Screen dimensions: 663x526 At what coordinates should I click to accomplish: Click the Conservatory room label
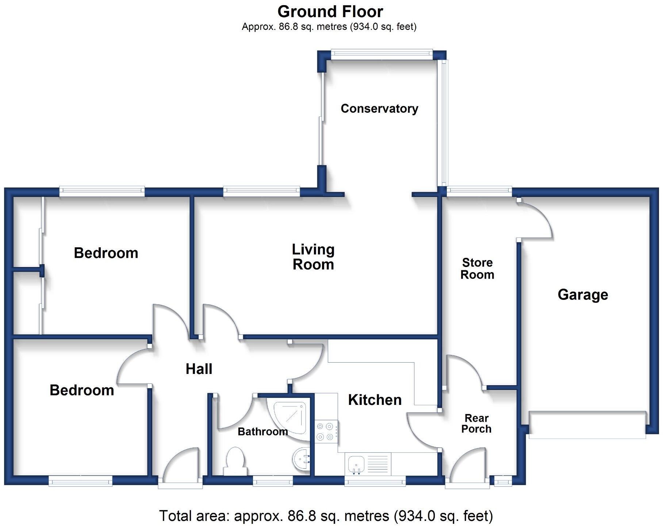(x=379, y=109)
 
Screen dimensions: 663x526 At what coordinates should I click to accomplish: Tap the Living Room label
(x=313, y=257)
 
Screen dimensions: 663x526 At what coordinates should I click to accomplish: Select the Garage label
(x=583, y=295)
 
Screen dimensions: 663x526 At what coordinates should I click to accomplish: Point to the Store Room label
(x=477, y=268)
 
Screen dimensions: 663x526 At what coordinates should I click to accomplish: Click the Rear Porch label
(x=476, y=423)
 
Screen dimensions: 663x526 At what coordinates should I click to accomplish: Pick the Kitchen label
(x=375, y=400)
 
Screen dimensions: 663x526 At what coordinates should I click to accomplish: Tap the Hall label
(x=199, y=369)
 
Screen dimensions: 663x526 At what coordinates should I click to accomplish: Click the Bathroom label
(x=263, y=432)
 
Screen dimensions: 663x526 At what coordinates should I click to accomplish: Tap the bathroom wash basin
(x=302, y=460)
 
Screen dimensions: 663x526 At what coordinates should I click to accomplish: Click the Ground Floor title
(x=330, y=12)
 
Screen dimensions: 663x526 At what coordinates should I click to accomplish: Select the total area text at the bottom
(x=326, y=516)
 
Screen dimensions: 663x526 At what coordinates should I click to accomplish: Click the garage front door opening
(x=587, y=424)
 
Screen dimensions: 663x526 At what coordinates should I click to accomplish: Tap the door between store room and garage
(x=535, y=218)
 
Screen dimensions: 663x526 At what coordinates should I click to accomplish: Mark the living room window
(x=261, y=191)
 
